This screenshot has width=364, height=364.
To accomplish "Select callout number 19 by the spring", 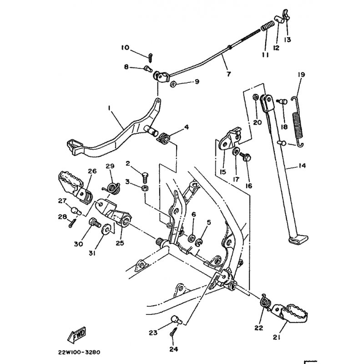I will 301,74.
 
